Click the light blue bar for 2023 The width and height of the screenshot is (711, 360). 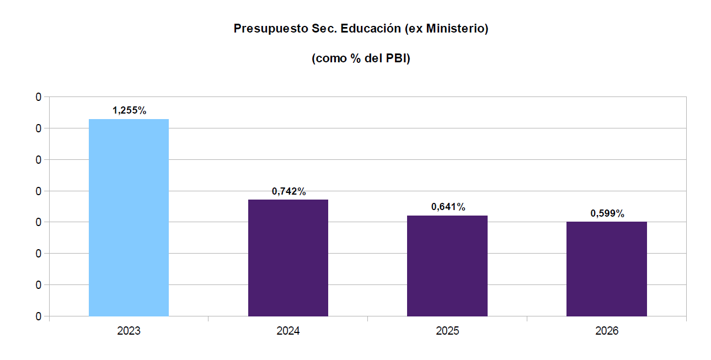[129, 217]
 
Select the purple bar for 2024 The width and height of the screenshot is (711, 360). [288, 257]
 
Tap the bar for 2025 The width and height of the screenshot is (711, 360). [447, 266]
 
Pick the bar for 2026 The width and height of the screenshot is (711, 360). [606, 268]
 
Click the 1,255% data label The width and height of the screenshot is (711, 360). [129, 110]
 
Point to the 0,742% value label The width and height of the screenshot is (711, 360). [288, 191]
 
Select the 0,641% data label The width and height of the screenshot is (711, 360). [448, 207]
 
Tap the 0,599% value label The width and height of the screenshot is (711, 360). [607, 213]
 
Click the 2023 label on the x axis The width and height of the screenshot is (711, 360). [129, 331]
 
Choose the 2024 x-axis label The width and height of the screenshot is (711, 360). [288, 331]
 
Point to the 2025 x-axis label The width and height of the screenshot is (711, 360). [447, 331]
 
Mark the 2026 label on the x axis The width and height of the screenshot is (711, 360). [607, 331]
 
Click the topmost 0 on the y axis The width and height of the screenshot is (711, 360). [38, 97]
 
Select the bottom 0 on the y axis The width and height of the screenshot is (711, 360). [38, 316]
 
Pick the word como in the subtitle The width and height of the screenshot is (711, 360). [330, 59]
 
